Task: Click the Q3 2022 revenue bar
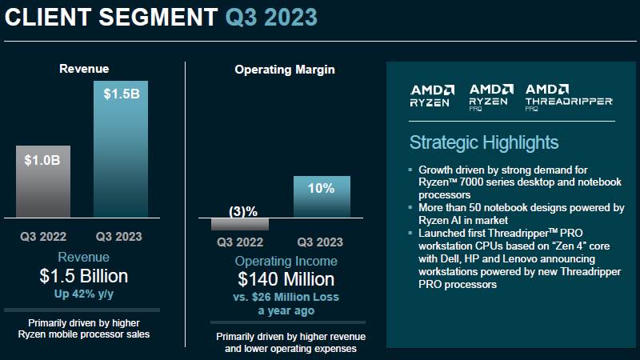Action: (43, 182)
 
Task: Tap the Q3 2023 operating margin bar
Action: (321, 197)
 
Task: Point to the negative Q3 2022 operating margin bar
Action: (240, 224)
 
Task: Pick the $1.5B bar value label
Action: (121, 94)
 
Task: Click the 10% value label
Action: (321, 189)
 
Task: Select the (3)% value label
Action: (242, 211)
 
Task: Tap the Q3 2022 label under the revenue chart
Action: (43, 237)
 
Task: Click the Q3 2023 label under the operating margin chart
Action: (321, 242)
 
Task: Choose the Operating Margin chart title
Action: (285, 70)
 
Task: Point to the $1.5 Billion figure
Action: (84, 276)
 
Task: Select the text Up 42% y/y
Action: (84, 294)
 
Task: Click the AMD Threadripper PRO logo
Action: (569, 96)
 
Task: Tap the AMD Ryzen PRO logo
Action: (491, 96)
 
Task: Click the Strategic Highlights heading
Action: (484, 143)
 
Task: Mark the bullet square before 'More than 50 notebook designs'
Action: (410, 207)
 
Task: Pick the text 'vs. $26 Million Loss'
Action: (286, 297)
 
